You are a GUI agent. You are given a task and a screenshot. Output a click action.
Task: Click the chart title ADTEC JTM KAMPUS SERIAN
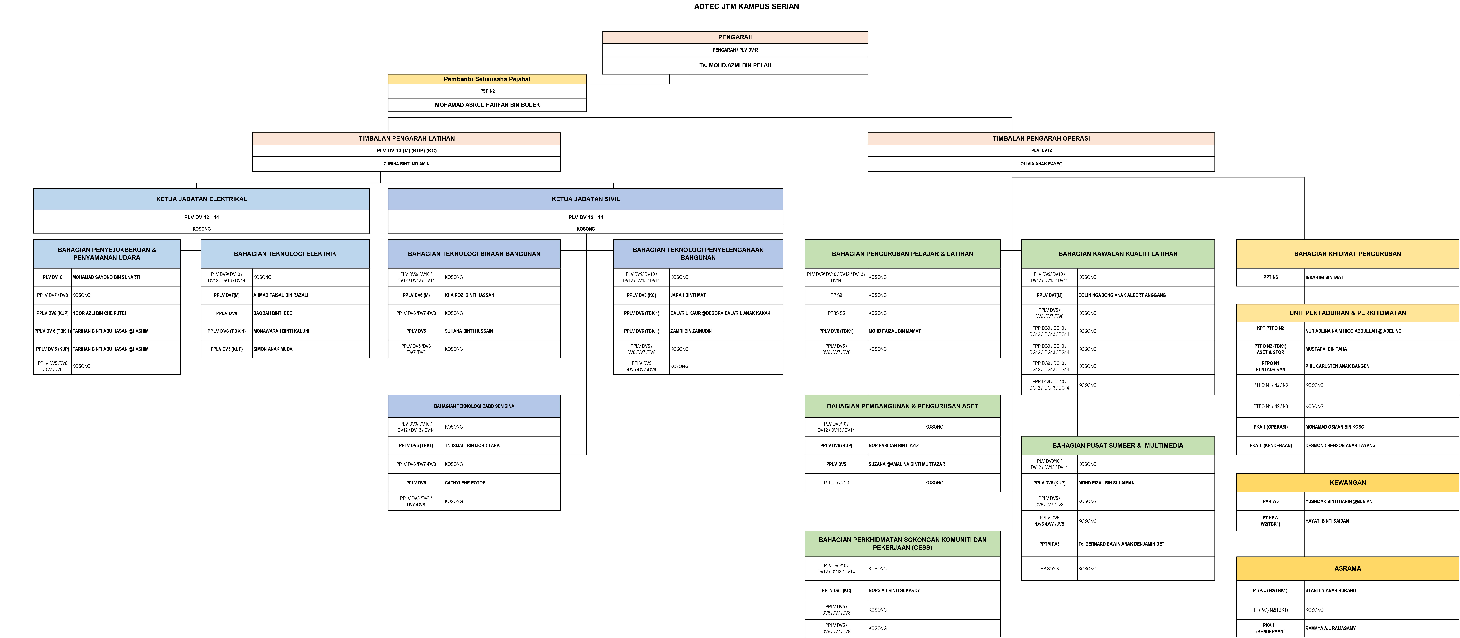click(746, 7)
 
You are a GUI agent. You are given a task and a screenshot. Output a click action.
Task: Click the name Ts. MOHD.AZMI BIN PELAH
click(735, 65)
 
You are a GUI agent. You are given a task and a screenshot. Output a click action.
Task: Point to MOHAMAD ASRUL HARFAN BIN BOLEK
click(487, 105)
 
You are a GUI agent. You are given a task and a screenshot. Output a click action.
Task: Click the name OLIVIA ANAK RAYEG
click(1041, 164)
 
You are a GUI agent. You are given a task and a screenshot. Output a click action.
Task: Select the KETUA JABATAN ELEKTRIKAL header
click(201, 199)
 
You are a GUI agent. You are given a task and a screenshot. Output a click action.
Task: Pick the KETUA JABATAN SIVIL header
click(586, 199)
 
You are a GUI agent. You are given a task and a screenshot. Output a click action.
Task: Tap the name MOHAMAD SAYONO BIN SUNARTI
click(106, 277)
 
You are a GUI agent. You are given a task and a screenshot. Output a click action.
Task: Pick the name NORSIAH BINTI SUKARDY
click(894, 590)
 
